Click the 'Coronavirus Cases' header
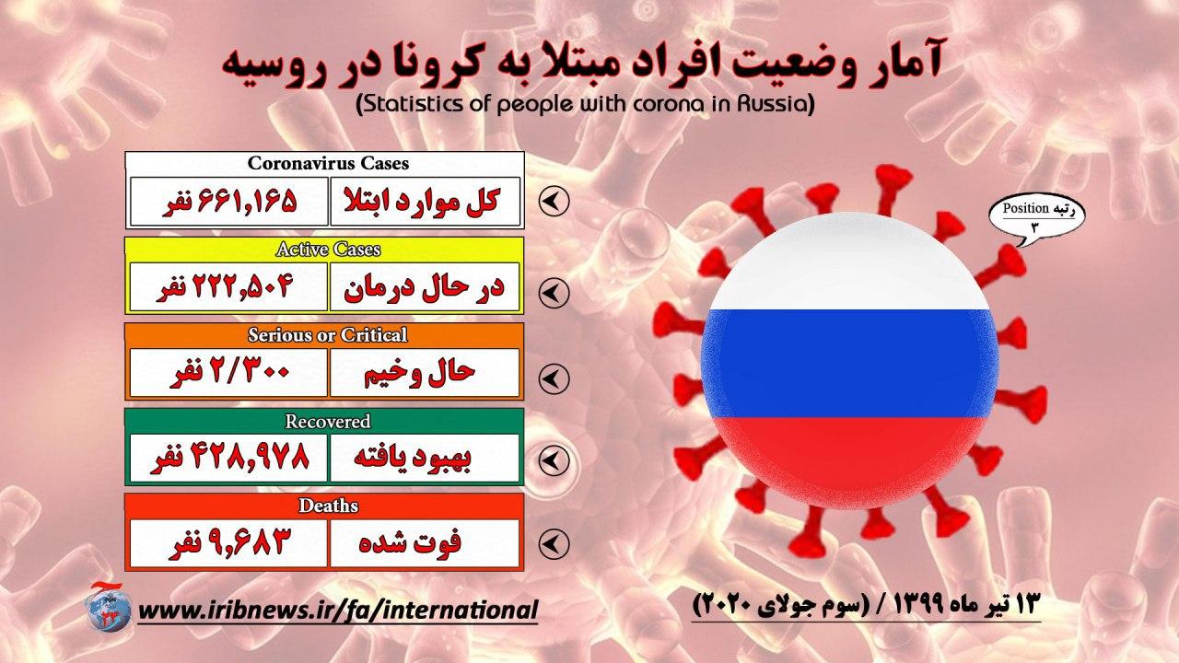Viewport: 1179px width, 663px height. click(x=328, y=164)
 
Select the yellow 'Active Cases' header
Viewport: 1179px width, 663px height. click(x=328, y=249)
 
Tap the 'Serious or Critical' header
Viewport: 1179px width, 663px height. click(x=327, y=334)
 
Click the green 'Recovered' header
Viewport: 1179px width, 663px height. click(x=327, y=421)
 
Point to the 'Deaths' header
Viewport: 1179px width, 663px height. click(x=328, y=506)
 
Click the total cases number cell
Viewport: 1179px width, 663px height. click(x=229, y=202)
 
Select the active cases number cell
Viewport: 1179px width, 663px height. click(x=229, y=286)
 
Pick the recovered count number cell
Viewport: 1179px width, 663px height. click(x=229, y=458)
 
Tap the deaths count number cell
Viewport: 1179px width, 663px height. click(x=229, y=543)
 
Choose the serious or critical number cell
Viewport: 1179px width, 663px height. click(x=229, y=372)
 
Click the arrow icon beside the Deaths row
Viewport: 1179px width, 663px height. click(x=554, y=543)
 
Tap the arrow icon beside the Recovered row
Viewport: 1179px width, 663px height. click(x=554, y=460)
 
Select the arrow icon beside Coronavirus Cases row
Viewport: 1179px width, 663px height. click(x=554, y=201)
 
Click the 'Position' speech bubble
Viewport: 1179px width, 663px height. click(x=1036, y=216)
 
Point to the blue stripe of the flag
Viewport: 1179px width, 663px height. click(x=849, y=363)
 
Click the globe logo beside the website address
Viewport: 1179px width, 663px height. click(x=109, y=611)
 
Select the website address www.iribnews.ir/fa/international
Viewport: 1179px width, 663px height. click(x=338, y=611)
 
